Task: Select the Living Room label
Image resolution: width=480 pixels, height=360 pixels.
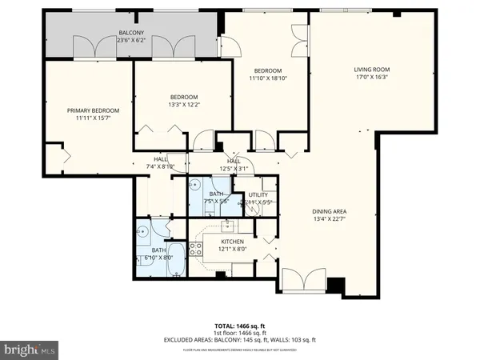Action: [x=371, y=69]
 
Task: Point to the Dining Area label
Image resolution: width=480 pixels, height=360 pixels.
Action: [x=329, y=211]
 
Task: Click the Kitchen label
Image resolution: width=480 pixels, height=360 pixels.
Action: [x=232, y=242]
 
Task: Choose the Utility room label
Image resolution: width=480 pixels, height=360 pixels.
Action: [x=257, y=194]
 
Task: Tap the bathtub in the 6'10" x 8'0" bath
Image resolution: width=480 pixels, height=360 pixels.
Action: [x=176, y=262]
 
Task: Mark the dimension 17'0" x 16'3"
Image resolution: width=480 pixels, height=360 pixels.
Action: [x=371, y=78]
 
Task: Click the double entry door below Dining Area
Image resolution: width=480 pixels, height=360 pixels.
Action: [x=303, y=281]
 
